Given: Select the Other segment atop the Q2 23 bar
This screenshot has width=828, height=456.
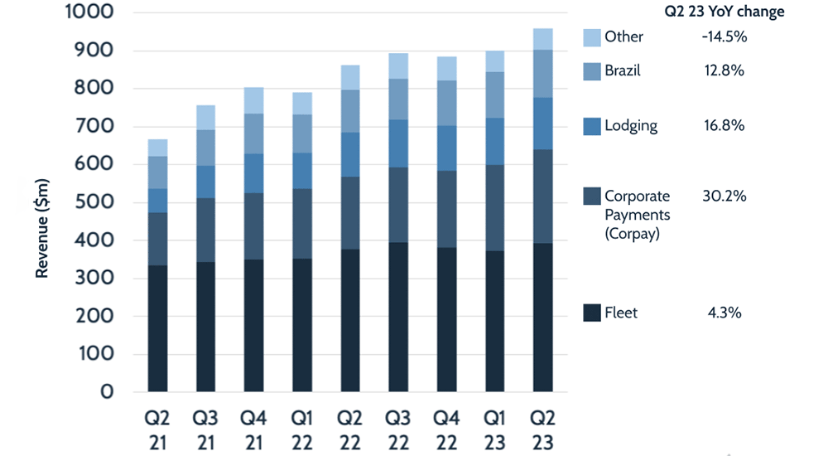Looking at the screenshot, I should [x=542, y=39].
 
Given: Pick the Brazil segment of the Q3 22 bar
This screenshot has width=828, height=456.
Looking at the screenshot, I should [x=399, y=99].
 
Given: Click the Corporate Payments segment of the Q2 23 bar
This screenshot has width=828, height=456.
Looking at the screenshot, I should [x=542, y=196].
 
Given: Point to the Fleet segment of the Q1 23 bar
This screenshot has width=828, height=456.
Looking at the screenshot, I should [x=495, y=321].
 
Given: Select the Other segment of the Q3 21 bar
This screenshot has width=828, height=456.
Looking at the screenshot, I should [x=206, y=118].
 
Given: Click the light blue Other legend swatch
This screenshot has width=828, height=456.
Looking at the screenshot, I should [x=591, y=36].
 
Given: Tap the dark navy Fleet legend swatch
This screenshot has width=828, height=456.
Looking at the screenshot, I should [x=591, y=313].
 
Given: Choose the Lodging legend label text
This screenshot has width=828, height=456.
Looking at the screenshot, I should [x=630, y=126].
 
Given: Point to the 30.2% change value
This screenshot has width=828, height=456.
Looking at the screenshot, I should [x=724, y=196].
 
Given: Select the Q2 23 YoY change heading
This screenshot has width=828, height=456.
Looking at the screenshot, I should [x=724, y=12].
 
